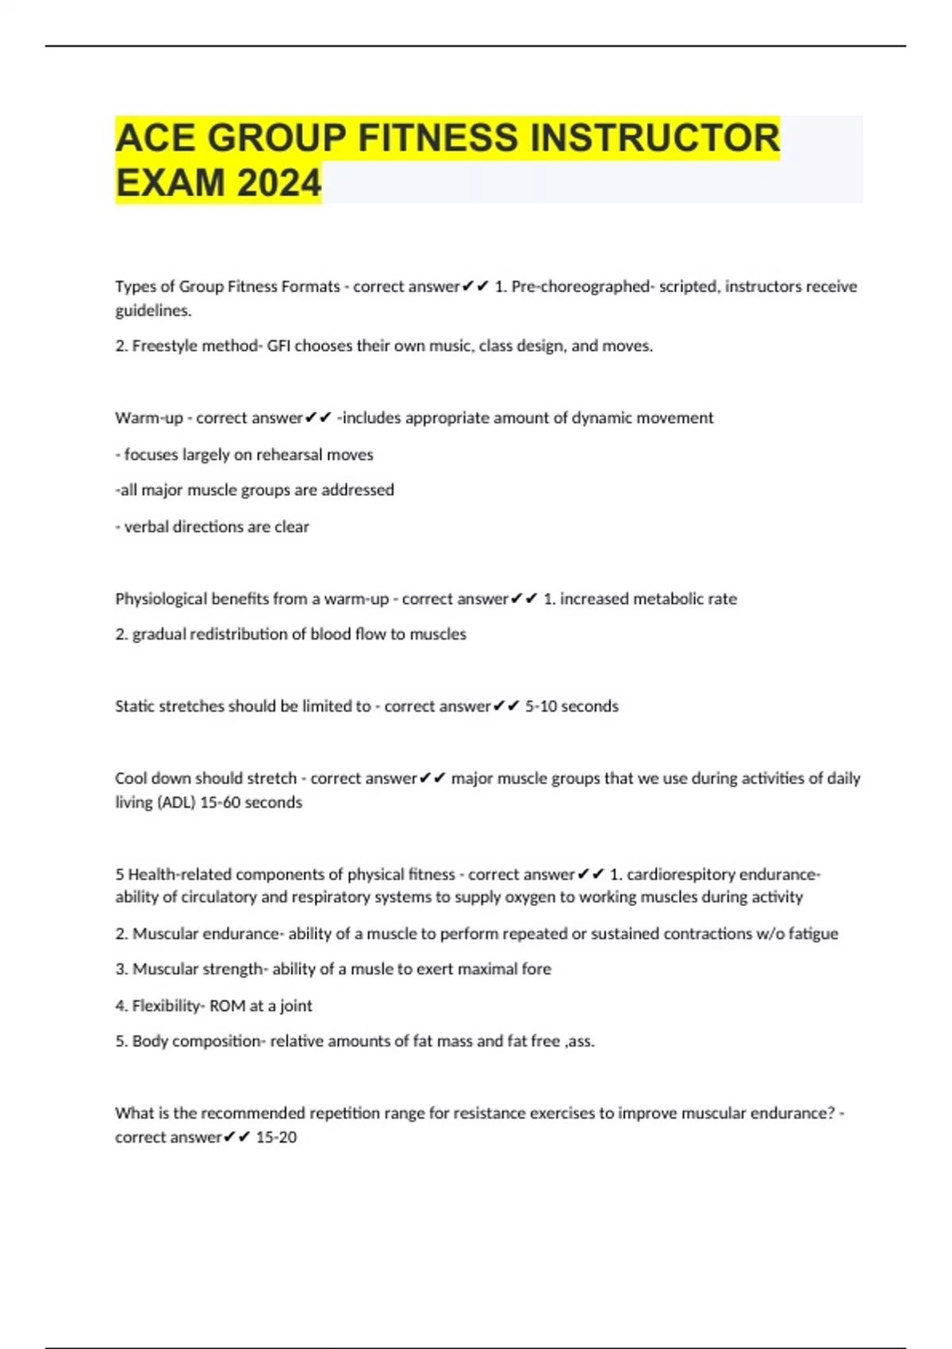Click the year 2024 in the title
tap(278, 183)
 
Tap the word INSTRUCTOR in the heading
tap(654, 138)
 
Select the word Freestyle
tap(162, 346)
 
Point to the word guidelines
tap(153, 311)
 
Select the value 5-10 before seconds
tap(542, 706)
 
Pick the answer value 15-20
tap(276, 1137)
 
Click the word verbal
tap(145, 527)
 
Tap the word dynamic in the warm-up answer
tap(583, 418)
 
